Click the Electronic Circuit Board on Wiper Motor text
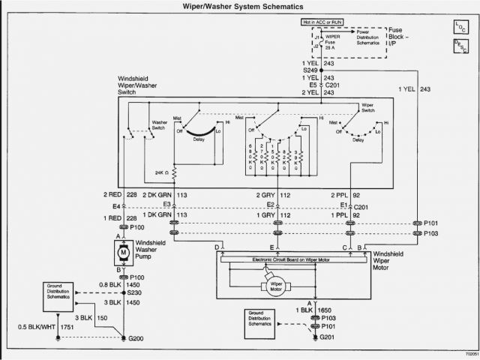(289, 259)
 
